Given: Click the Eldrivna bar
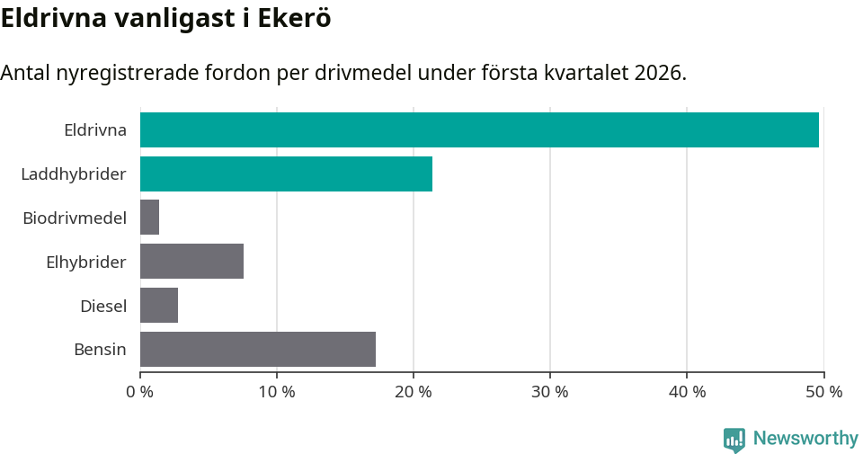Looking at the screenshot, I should pos(479,129).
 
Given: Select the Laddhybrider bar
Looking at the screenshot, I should pos(286,174).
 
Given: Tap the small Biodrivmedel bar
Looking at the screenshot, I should pos(150,218).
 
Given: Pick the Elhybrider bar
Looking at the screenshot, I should pos(191,262).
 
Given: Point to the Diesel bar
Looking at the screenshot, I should pos(159,306).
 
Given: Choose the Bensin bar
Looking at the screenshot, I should pos(258,350).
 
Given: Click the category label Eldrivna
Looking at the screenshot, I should pos(95,129).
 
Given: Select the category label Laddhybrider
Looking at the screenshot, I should pos(74,174).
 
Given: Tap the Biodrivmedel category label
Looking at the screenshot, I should pos(75,218).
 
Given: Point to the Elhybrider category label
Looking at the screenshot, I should pos(86,262).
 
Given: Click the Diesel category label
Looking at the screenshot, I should pos(103,306).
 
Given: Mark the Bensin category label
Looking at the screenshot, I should pos(100,350).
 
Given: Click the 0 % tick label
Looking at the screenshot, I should pos(140,392).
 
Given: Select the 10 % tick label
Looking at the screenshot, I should pos(277,392).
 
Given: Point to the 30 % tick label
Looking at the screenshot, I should pos(550,392).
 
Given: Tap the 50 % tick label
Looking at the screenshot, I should pos(823,392).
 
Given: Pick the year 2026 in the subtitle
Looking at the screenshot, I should pos(659,73).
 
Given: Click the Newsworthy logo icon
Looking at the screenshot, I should pos(734,439).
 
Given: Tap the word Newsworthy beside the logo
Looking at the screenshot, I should pos(805,439).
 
